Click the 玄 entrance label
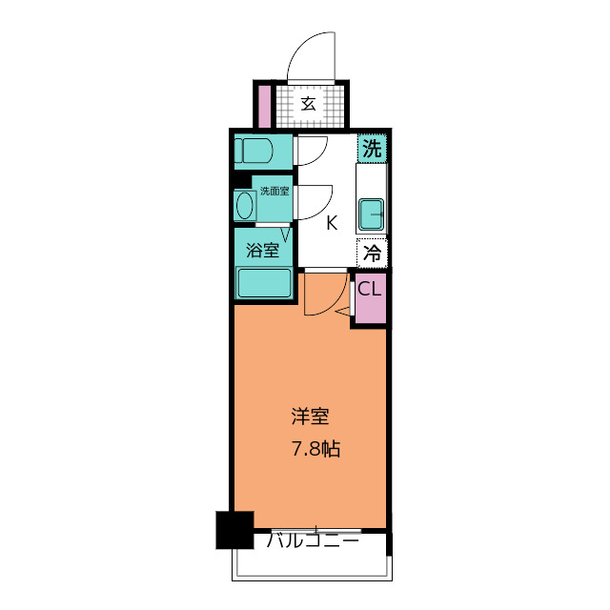click(x=309, y=104)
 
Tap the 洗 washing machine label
click(x=373, y=148)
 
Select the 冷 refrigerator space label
click(x=373, y=254)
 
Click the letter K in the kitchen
click(x=332, y=224)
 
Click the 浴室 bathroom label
click(x=263, y=252)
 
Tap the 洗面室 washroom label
click(x=274, y=191)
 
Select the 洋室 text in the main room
click(x=310, y=417)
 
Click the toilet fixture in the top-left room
click(x=255, y=151)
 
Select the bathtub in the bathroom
click(x=263, y=283)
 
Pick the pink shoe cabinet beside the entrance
click(x=263, y=106)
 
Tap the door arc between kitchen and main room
click(x=321, y=297)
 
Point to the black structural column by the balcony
click(x=234, y=529)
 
